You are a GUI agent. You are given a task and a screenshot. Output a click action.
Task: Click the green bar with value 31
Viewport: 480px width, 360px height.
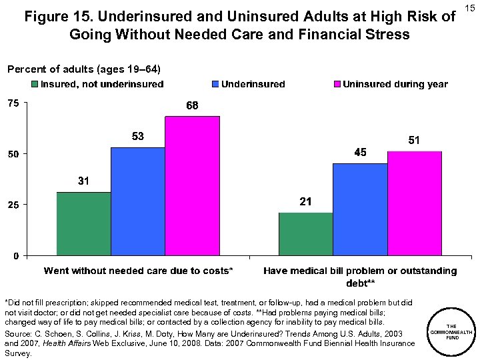(x=83, y=223)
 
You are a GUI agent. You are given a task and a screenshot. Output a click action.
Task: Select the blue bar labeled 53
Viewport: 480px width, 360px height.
(x=138, y=201)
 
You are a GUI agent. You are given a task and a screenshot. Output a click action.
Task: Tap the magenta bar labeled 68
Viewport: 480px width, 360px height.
(x=192, y=186)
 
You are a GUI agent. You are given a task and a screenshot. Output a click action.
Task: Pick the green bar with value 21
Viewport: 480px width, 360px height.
(x=305, y=234)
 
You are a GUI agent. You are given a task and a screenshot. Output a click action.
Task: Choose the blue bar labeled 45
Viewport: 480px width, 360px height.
(x=360, y=209)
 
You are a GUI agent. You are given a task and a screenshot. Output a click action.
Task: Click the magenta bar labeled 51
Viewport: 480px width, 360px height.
(x=414, y=203)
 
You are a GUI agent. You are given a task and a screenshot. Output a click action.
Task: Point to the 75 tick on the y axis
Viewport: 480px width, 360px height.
(x=13, y=103)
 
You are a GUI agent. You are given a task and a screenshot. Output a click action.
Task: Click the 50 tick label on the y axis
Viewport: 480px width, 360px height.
(x=13, y=154)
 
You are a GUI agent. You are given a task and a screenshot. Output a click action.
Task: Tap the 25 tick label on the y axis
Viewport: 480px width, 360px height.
(x=13, y=205)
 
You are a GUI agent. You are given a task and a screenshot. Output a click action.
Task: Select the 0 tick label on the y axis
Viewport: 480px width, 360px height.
(x=16, y=255)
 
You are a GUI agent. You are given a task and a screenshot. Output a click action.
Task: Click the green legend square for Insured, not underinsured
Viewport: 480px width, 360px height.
(x=35, y=85)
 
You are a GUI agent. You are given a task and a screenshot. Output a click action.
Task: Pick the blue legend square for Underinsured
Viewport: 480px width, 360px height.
(x=215, y=85)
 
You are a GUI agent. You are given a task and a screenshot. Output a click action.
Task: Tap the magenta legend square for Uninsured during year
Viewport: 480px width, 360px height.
(x=337, y=85)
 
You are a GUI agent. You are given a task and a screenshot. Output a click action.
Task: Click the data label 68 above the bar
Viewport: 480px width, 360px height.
(x=192, y=106)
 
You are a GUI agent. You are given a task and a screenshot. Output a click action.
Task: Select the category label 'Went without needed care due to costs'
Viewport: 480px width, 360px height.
(x=139, y=271)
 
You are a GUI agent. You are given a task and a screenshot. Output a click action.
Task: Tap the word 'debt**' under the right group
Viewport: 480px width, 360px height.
(x=360, y=283)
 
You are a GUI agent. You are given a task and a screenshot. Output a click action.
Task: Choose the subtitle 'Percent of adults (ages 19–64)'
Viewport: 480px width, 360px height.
(x=83, y=69)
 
